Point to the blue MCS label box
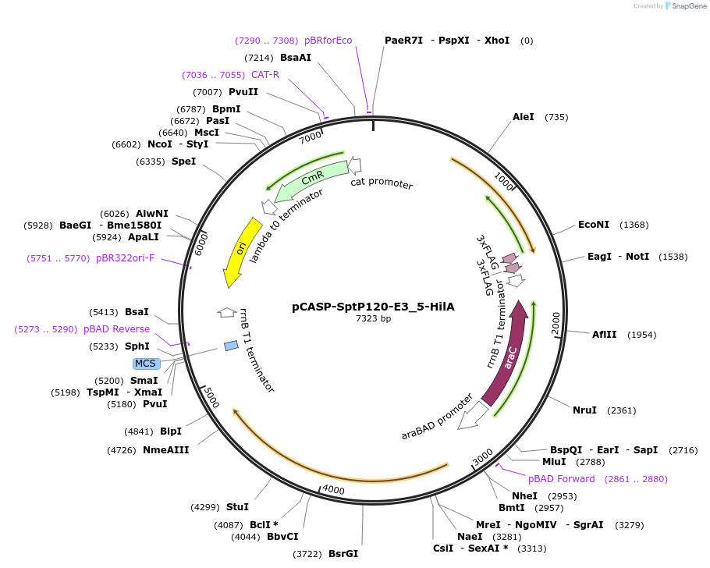(x=146, y=364)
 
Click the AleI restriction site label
(x=524, y=117)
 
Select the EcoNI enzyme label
(x=594, y=225)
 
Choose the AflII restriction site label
(x=604, y=335)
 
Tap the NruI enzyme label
(x=584, y=410)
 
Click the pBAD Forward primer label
(x=561, y=479)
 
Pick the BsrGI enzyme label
(x=343, y=554)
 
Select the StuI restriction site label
(x=237, y=507)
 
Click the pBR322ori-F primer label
(x=125, y=258)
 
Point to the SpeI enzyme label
(x=184, y=162)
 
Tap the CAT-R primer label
(x=265, y=75)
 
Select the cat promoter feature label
(x=382, y=184)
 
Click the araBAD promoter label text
(x=438, y=417)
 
